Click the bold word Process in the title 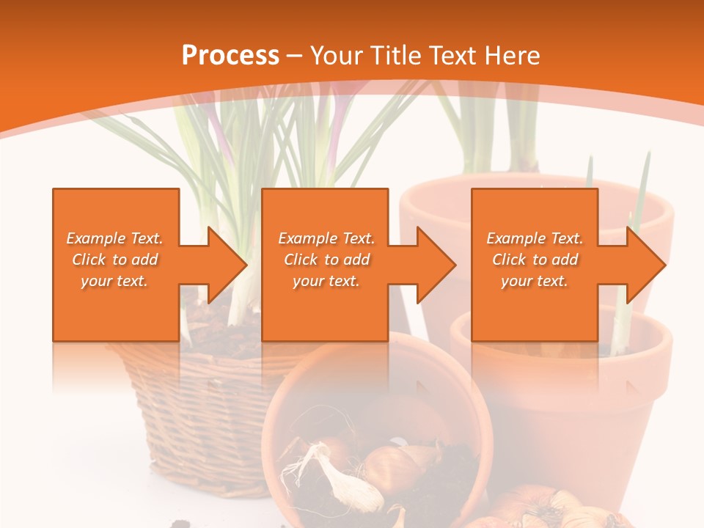click(x=230, y=56)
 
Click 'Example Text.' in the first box click(x=114, y=238)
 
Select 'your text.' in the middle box click(x=326, y=281)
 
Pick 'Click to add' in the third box click(x=535, y=260)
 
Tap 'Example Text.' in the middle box click(x=326, y=238)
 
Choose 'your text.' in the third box click(x=535, y=281)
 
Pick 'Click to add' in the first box click(x=114, y=260)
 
